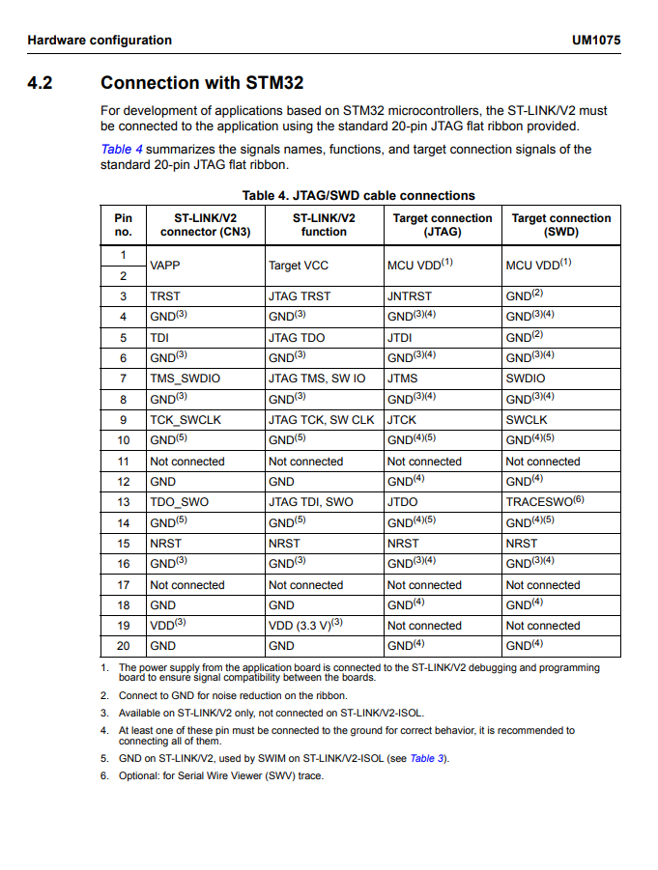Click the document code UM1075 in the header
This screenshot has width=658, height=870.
(595, 41)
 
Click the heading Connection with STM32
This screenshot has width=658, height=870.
(201, 83)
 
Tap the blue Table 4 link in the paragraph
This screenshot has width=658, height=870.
(122, 150)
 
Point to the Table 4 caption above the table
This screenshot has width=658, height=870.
(358, 195)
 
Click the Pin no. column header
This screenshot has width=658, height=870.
(123, 225)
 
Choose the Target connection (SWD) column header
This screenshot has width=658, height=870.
(560, 225)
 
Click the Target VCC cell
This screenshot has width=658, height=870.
(299, 266)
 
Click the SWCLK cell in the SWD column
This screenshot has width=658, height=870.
(526, 420)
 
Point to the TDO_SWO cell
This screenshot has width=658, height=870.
(179, 502)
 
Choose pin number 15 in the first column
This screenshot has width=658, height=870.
(123, 544)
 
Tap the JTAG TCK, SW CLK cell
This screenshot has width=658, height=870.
(321, 420)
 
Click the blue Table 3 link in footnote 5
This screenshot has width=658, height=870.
(426, 759)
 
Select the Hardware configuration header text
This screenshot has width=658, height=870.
(100, 41)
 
